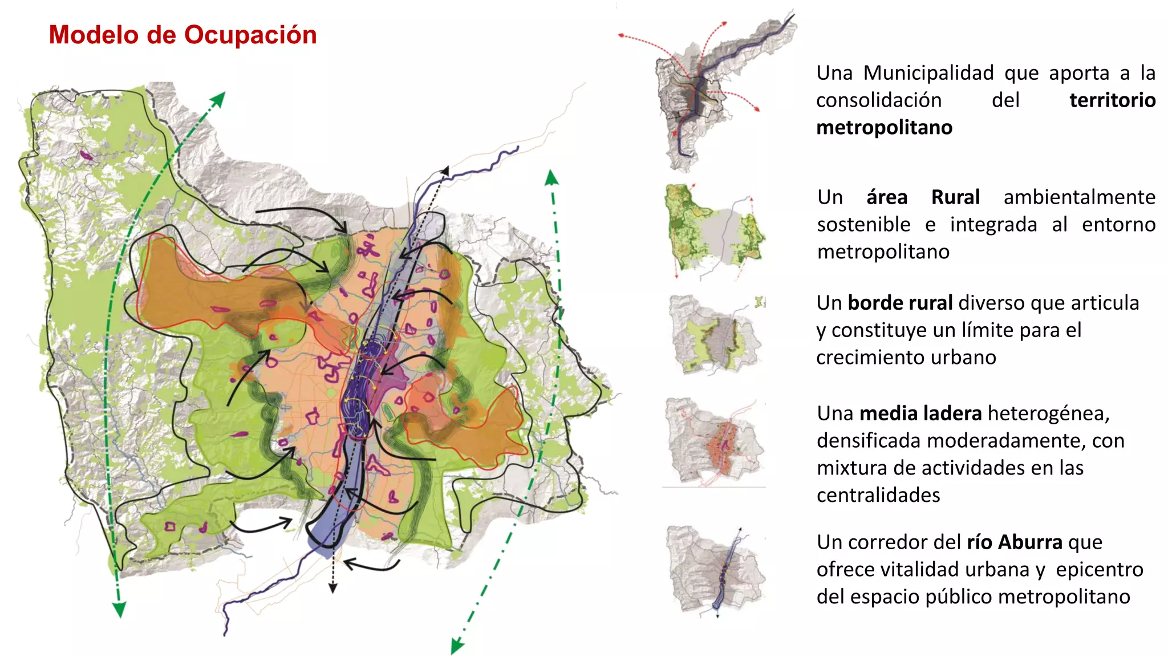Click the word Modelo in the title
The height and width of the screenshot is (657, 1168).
click(x=94, y=35)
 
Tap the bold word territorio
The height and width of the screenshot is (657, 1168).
click(x=1112, y=100)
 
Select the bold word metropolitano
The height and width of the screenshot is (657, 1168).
click(x=884, y=127)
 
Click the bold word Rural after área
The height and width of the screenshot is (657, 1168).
click(x=955, y=197)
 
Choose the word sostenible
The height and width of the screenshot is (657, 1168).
click(x=863, y=225)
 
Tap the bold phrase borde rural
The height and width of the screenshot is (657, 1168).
click(x=900, y=303)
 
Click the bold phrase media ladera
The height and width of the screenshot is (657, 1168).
click(x=920, y=413)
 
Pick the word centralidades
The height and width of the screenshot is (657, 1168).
click(x=878, y=495)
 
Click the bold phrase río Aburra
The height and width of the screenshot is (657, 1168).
click(x=1015, y=542)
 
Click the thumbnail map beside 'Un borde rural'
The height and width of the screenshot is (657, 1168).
click(x=716, y=334)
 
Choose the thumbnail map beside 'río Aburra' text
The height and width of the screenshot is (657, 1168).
click(x=716, y=570)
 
